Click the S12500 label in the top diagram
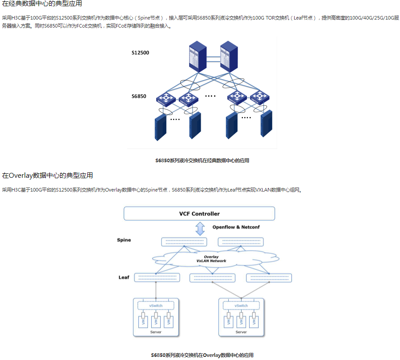(x=140, y=53)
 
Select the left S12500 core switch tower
(x=198, y=56)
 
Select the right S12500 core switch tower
(x=229, y=56)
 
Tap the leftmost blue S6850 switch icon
(x=166, y=98)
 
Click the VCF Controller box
(x=199, y=214)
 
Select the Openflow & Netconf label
(x=236, y=227)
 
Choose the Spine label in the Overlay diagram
(x=124, y=240)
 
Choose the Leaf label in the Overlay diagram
(x=124, y=277)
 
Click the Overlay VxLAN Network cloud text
(x=211, y=259)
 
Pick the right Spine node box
(x=240, y=242)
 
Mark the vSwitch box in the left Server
(x=156, y=306)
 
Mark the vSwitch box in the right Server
(x=241, y=306)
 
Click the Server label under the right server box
(x=241, y=332)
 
